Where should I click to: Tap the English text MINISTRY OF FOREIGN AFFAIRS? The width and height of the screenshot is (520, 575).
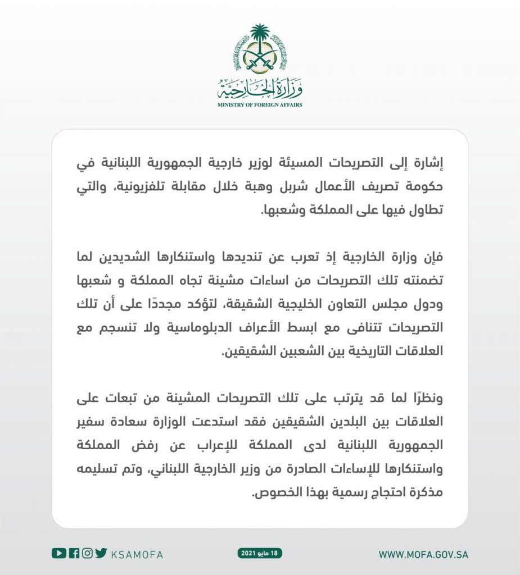(x=260, y=104)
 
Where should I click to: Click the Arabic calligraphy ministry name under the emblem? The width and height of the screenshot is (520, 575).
(x=260, y=88)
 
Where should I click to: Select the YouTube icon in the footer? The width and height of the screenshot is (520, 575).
(x=58, y=553)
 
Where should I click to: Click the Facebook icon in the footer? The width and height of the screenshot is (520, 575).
(x=74, y=553)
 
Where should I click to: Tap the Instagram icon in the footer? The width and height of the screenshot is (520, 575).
(x=87, y=553)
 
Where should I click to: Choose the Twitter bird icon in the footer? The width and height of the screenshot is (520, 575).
(x=101, y=553)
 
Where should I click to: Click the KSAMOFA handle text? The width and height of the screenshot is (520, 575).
(x=137, y=554)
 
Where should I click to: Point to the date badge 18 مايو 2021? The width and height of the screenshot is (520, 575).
(x=260, y=553)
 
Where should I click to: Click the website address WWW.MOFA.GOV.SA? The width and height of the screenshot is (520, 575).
(x=423, y=554)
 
